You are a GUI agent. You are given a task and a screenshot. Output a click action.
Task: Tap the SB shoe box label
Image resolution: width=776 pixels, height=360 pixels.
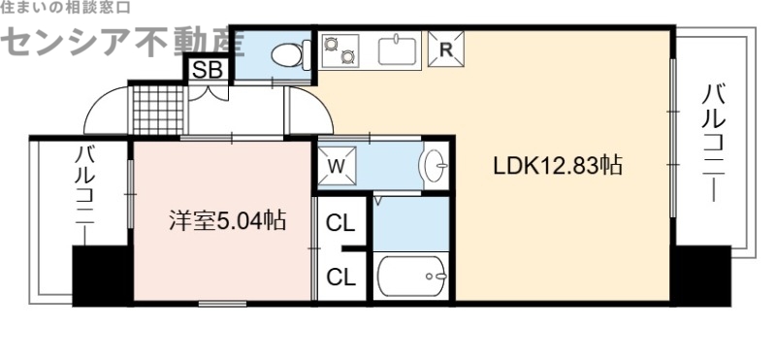pyautogui.click(x=205, y=70)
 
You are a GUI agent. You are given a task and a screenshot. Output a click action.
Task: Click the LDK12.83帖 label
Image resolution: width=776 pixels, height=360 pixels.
pyautogui.click(x=557, y=165)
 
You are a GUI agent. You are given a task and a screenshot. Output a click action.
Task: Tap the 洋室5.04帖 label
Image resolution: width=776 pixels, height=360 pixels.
pyautogui.click(x=223, y=220)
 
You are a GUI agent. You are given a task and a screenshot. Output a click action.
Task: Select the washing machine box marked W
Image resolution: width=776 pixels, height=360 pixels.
pyautogui.click(x=338, y=165)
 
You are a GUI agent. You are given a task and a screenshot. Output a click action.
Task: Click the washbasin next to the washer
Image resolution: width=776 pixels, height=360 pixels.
pyautogui.click(x=434, y=166)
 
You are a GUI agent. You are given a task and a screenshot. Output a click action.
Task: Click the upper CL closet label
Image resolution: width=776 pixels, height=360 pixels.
pyautogui.click(x=340, y=223)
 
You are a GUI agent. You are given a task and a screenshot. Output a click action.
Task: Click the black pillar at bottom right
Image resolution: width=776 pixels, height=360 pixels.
pyautogui.click(x=702, y=276)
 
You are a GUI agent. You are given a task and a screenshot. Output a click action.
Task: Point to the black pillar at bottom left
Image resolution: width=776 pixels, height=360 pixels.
pyautogui.click(x=101, y=276)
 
